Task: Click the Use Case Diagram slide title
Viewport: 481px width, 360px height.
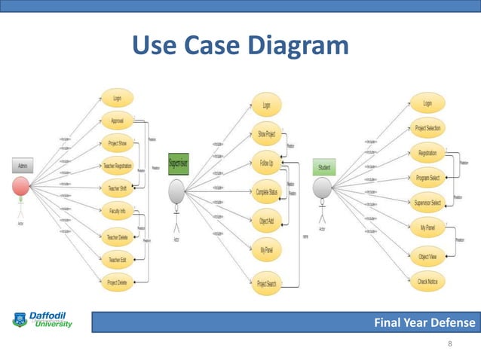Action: tap(240, 46)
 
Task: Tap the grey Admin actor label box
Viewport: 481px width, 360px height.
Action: tap(20, 165)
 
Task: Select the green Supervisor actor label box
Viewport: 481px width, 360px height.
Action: tap(178, 162)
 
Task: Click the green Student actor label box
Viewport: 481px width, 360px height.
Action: tap(325, 166)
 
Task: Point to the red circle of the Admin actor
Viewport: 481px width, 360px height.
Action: tap(21, 186)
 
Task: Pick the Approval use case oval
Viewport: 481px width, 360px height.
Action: tap(117, 120)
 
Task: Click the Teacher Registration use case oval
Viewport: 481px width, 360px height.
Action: tap(117, 166)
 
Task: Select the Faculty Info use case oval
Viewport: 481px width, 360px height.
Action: tap(117, 212)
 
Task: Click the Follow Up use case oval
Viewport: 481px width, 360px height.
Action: tap(266, 162)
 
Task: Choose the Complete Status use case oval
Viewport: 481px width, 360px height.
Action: tap(266, 191)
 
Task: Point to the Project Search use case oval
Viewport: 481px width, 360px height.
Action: tap(266, 283)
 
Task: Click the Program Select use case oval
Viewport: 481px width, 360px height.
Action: tap(427, 178)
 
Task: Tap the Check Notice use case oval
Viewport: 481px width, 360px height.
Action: tap(427, 282)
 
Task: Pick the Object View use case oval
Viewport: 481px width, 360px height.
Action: tap(427, 256)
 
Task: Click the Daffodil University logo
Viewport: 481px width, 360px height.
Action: tap(43, 319)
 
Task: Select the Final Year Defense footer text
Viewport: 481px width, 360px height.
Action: tap(425, 323)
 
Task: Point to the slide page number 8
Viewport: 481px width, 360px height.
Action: tap(450, 344)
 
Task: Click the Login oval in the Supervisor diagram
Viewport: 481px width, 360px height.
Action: tap(266, 105)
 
